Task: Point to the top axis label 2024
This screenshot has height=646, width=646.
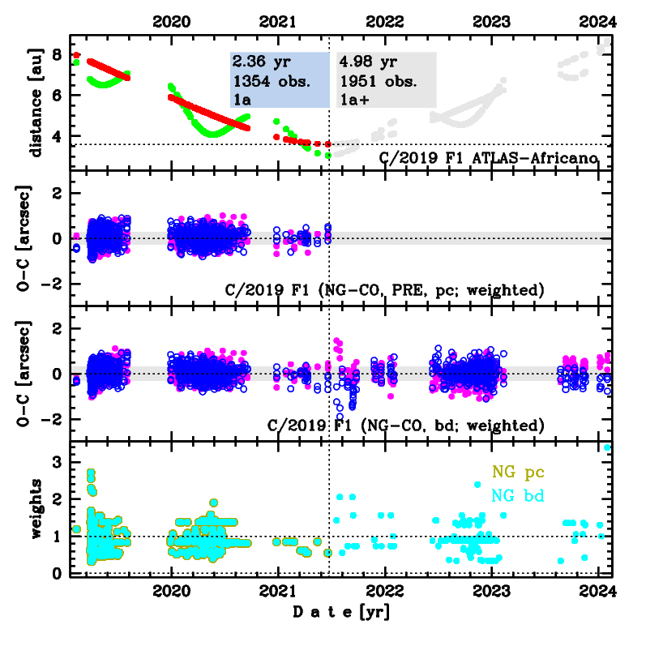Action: (x=597, y=22)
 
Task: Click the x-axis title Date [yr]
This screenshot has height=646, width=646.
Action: (x=340, y=613)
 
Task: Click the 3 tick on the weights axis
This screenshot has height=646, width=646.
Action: (x=58, y=461)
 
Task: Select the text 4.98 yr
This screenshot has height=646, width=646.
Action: (x=366, y=62)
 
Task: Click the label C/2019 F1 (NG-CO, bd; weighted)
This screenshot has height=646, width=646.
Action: (x=405, y=425)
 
